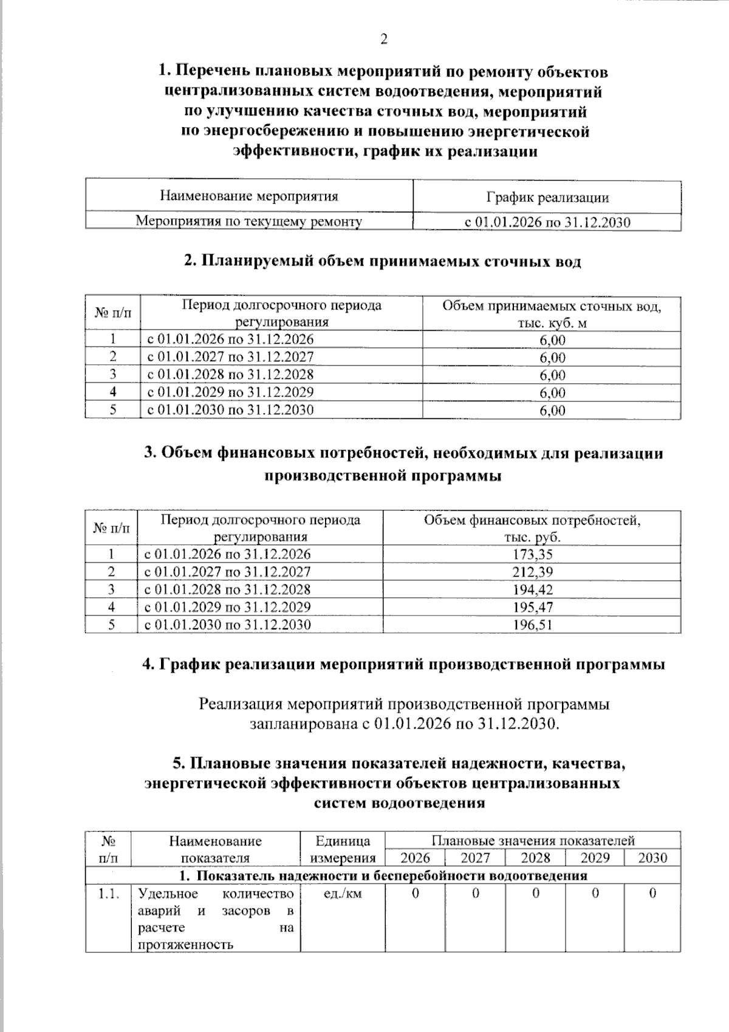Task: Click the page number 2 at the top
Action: (383, 40)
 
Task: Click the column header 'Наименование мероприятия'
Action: (249, 196)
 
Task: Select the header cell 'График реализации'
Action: (547, 198)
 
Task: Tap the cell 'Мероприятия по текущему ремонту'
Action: (248, 221)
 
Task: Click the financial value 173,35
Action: (532, 554)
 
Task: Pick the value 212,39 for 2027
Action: (532, 572)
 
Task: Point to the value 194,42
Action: (532, 589)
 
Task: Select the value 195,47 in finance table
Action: (532, 607)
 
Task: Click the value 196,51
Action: (532, 625)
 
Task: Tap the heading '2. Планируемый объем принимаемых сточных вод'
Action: (383, 261)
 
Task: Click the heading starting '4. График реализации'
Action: (403, 664)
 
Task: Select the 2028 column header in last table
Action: (535, 858)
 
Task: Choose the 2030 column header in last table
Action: (652, 858)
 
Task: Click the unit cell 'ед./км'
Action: (343, 893)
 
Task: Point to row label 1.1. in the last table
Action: (108, 893)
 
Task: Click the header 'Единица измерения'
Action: (343, 850)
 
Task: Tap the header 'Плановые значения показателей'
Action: (533, 840)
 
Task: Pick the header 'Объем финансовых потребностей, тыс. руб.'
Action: (532, 528)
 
